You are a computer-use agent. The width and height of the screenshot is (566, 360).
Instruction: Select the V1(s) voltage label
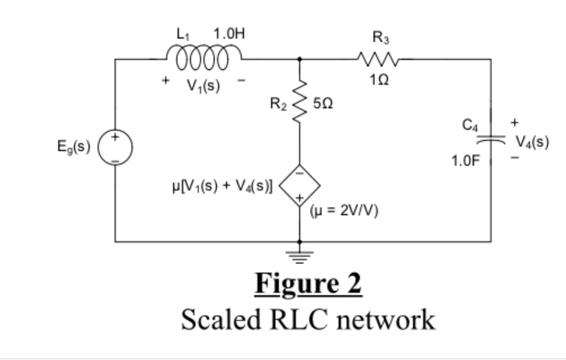(x=203, y=84)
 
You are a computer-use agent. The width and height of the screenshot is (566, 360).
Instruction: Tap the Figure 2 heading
(x=308, y=284)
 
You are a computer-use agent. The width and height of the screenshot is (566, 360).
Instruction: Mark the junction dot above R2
(x=300, y=58)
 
